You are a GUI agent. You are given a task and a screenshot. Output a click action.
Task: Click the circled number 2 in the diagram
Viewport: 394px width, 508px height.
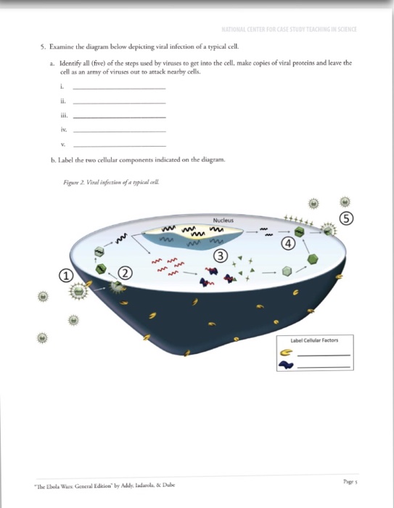[126, 273]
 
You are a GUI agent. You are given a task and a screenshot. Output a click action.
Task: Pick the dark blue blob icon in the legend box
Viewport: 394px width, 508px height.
[286, 366]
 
